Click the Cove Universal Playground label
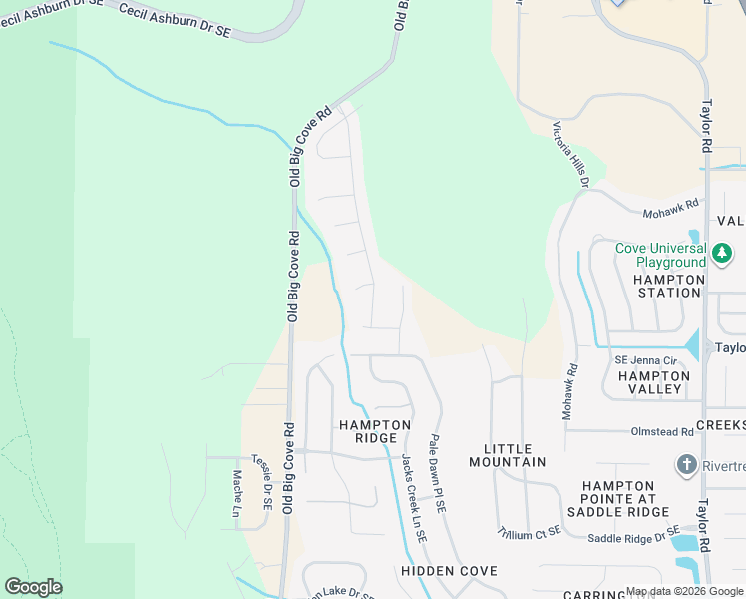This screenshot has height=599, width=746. pyautogui.click(x=660, y=256)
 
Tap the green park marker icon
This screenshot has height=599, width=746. pyautogui.click(x=722, y=255)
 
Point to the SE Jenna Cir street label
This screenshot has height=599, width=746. pyautogui.click(x=645, y=360)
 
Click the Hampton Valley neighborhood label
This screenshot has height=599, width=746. pyautogui.click(x=653, y=383)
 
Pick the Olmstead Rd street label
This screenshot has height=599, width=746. pyautogui.click(x=662, y=432)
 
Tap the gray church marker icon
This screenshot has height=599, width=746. pyautogui.click(x=686, y=465)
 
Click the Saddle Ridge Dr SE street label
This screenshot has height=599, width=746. pyautogui.click(x=633, y=537)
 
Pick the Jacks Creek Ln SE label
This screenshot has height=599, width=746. pyautogui.click(x=413, y=498)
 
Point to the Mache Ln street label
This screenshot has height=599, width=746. pyautogui.click(x=237, y=493)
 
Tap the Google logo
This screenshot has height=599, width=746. pyautogui.click(x=33, y=587)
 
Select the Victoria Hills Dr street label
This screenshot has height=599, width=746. pyautogui.click(x=572, y=155)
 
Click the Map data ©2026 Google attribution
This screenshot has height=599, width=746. pyautogui.click(x=684, y=591)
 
